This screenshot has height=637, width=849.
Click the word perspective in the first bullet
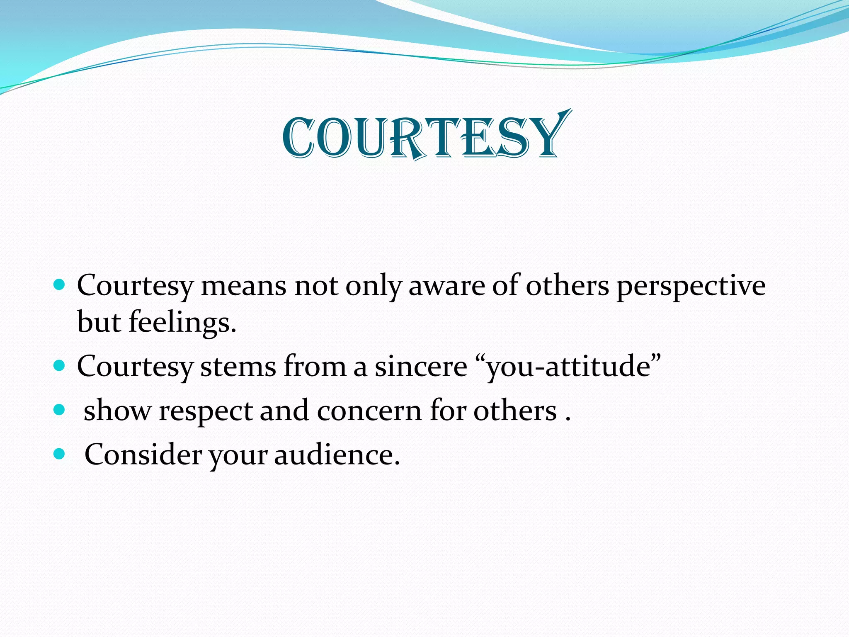[x=691, y=287]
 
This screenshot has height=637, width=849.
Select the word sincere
[x=421, y=367]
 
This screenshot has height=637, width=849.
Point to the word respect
[x=206, y=411]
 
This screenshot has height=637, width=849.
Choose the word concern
[x=369, y=411]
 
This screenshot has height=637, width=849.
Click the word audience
[x=337, y=455]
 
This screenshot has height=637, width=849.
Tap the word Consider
[x=143, y=455]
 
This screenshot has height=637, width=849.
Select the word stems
[x=238, y=367]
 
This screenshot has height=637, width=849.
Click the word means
[x=243, y=287]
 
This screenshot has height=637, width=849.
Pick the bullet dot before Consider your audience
[x=60, y=454]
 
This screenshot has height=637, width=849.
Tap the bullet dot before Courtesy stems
[x=60, y=365]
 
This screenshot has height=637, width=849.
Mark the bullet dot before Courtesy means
[x=60, y=285]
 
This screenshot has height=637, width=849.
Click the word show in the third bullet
[x=117, y=411]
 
